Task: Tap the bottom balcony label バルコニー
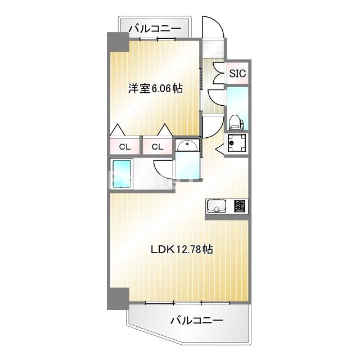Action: click(x=196, y=321)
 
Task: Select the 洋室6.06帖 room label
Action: click(x=155, y=88)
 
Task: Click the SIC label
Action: click(x=237, y=73)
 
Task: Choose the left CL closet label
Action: click(x=125, y=147)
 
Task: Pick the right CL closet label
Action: click(x=157, y=147)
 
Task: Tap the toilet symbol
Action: click(x=236, y=121)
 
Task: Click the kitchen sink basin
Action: click(x=217, y=206)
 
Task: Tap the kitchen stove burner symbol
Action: click(x=240, y=206)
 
